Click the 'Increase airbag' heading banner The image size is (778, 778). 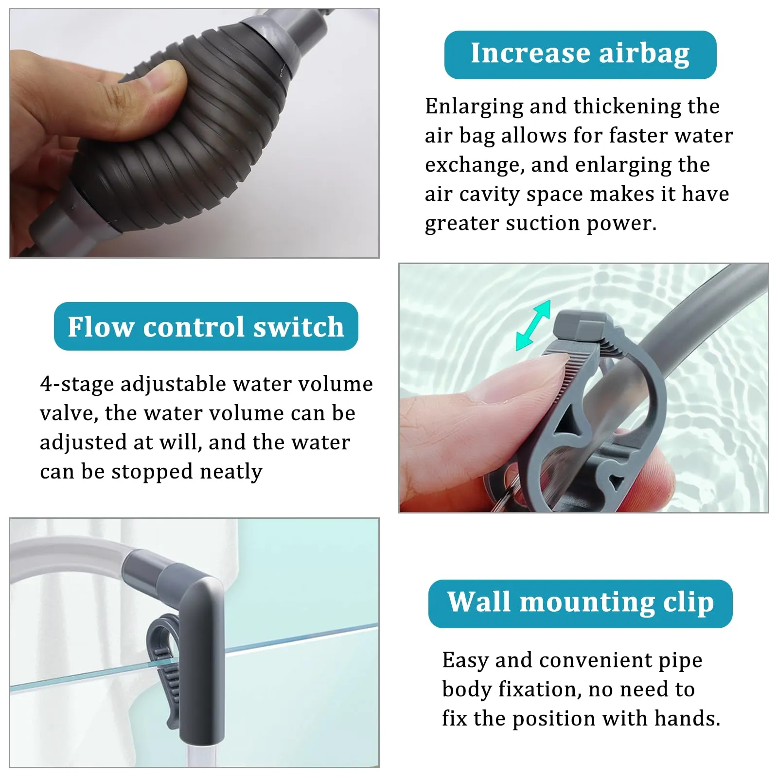click(x=580, y=55)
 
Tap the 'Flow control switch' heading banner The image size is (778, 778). click(x=206, y=326)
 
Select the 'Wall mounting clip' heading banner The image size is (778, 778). click(x=580, y=603)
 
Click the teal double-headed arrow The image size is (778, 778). click(x=533, y=325)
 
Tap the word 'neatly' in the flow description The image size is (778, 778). click(x=231, y=472)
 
